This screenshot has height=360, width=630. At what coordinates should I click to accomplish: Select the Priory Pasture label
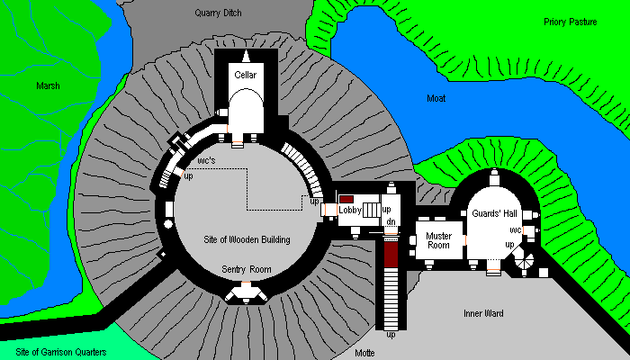click(x=571, y=22)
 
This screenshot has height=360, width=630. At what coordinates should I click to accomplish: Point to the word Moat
click(x=436, y=97)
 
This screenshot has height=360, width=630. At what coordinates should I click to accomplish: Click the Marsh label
click(x=48, y=85)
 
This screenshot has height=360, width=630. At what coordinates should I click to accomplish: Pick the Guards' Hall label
click(x=493, y=213)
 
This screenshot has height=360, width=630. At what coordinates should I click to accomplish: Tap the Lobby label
click(x=349, y=210)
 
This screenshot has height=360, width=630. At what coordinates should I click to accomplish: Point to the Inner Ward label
click(x=484, y=313)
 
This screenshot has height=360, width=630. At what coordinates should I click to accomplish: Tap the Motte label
click(x=364, y=353)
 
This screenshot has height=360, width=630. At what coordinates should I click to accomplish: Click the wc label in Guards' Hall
click(x=516, y=229)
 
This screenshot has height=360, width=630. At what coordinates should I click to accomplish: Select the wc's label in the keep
click(x=205, y=159)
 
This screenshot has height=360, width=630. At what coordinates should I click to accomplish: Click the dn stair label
click(x=391, y=221)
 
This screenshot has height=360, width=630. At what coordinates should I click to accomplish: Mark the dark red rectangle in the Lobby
click(x=346, y=198)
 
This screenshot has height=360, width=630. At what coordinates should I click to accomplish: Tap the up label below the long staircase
click(x=391, y=336)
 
